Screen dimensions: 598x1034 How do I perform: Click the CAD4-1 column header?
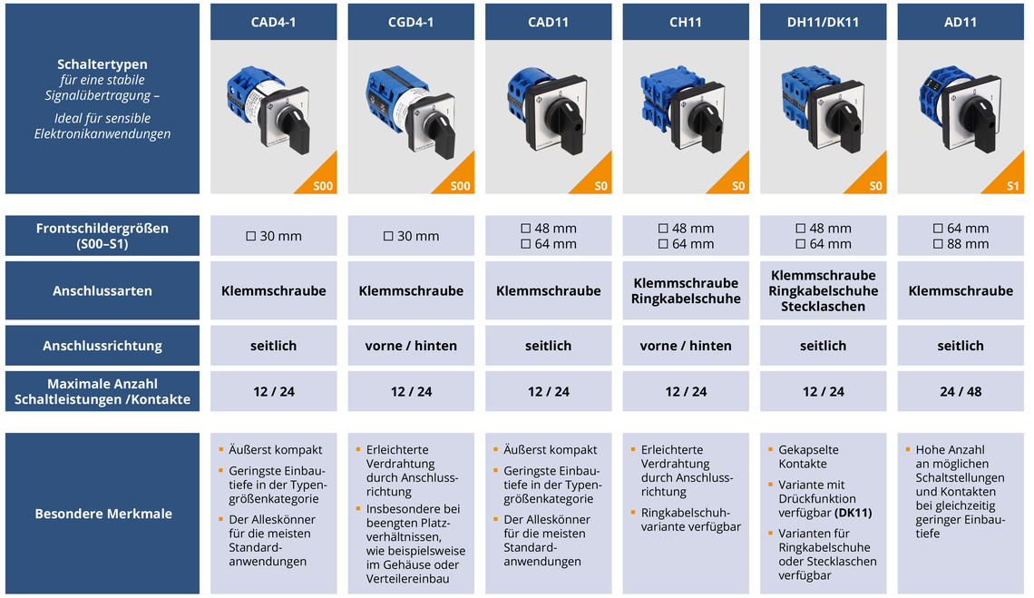click(273, 22)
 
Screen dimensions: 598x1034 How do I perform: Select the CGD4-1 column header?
click(411, 22)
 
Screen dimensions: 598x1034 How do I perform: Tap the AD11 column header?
click(960, 22)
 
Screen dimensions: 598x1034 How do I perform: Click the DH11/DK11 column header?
click(823, 22)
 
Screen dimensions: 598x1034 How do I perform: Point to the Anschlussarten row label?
click(102, 291)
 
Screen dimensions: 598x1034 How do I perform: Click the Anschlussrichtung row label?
click(102, 346)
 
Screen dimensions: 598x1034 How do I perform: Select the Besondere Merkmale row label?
click(102, 514)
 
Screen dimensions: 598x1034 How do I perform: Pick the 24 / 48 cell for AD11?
click(960, 392)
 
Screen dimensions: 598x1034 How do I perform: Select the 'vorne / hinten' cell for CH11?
click(686, 346)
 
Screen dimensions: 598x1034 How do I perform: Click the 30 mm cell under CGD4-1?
click(411, 236)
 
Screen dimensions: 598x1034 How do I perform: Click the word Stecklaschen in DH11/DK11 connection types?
click(823, 307)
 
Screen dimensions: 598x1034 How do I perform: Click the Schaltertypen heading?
click(102, 64)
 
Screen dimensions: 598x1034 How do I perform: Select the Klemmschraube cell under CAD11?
click(548, 291)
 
